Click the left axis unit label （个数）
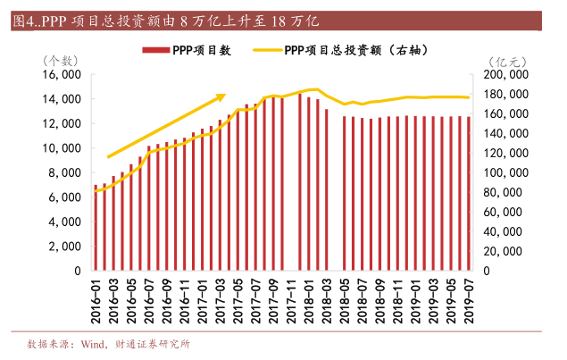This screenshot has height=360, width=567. point(63,60)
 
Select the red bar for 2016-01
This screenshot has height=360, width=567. point(96,227)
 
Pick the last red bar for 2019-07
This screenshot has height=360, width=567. point(469,193)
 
